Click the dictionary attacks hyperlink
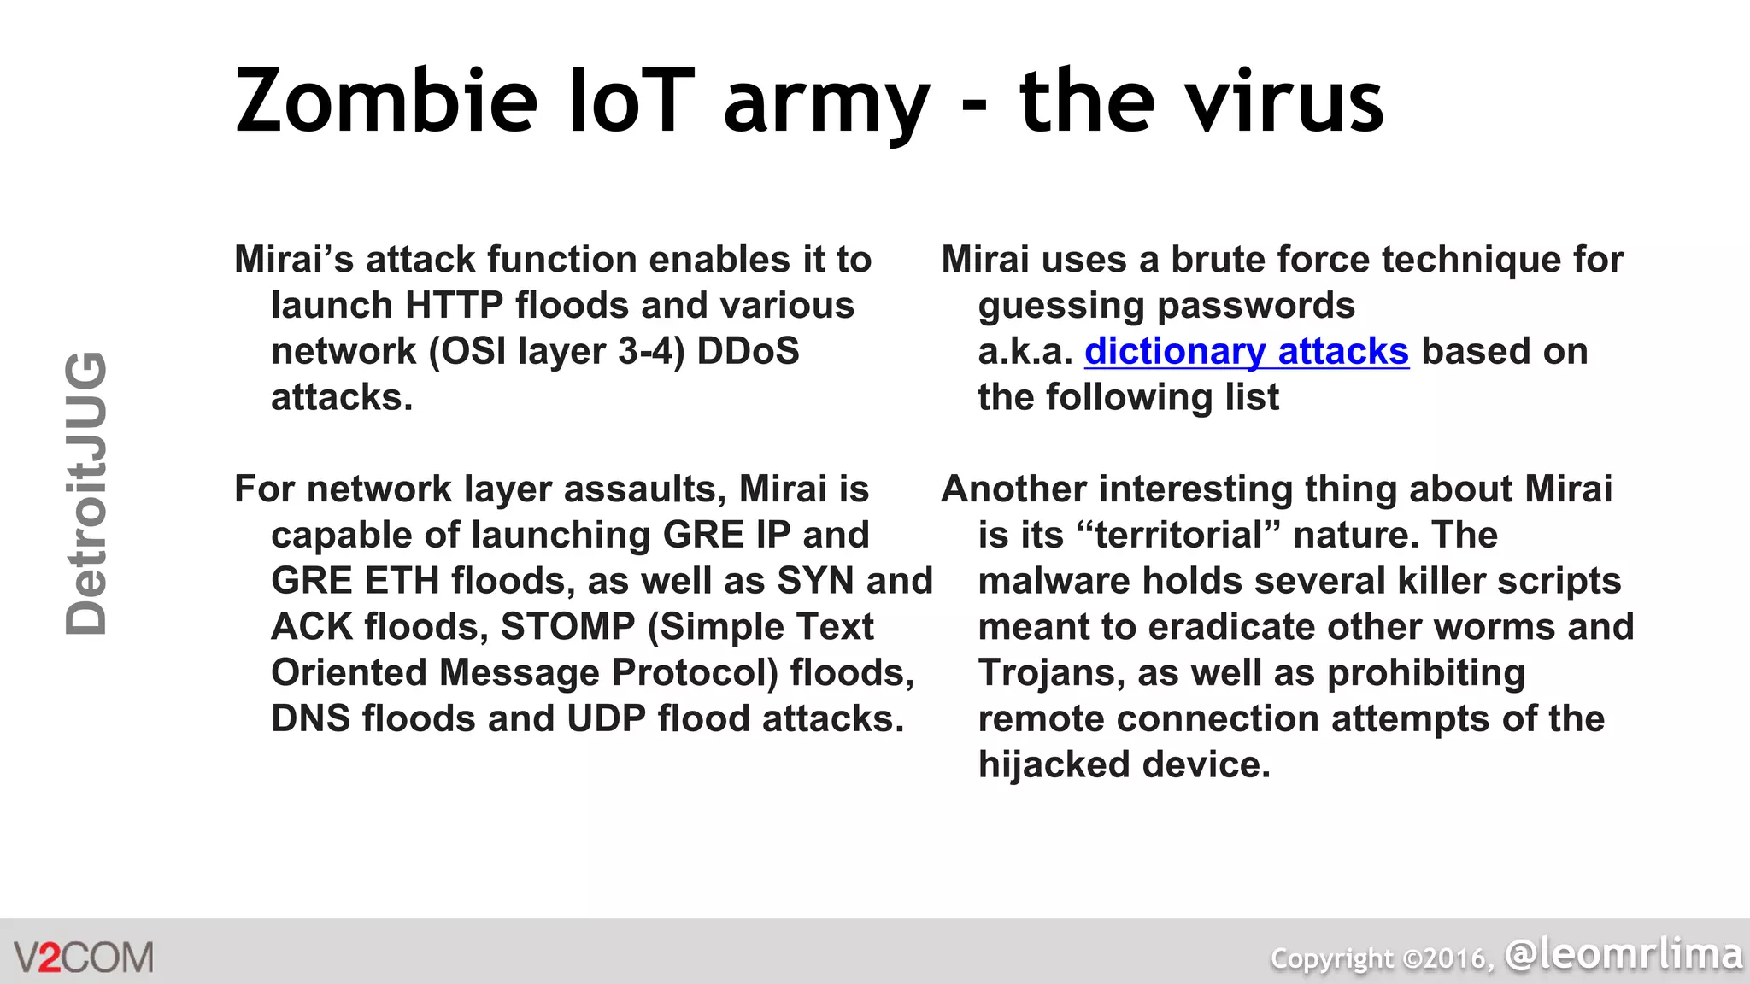point(1246,351)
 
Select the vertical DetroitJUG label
point(86,494)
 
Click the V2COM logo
point(84,957)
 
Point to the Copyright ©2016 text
point(1382,958)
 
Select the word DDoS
point(748,351)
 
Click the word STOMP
point(567,626)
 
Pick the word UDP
point(606,718)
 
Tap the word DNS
point(310,718)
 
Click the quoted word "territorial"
point(1178,535)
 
